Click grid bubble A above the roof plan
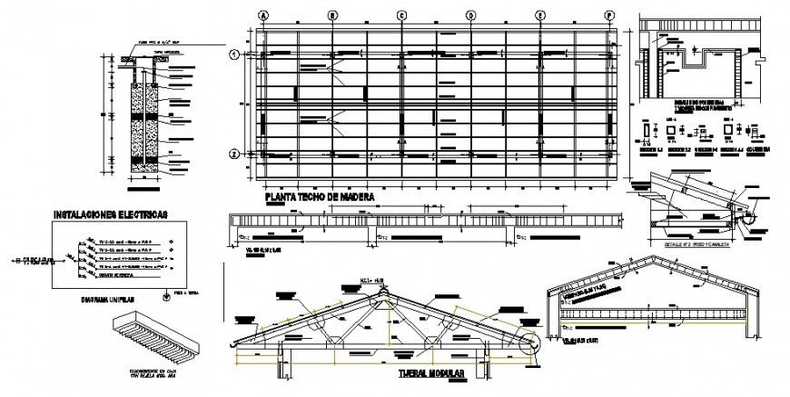263,15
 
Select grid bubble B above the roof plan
333,15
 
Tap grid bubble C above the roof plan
401,15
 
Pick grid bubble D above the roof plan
471,15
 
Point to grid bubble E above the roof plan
540,15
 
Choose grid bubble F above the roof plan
609,15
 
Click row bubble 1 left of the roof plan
233,55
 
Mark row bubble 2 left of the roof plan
233,154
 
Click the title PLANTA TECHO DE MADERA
318,196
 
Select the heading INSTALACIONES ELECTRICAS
110,215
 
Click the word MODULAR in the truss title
442,374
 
